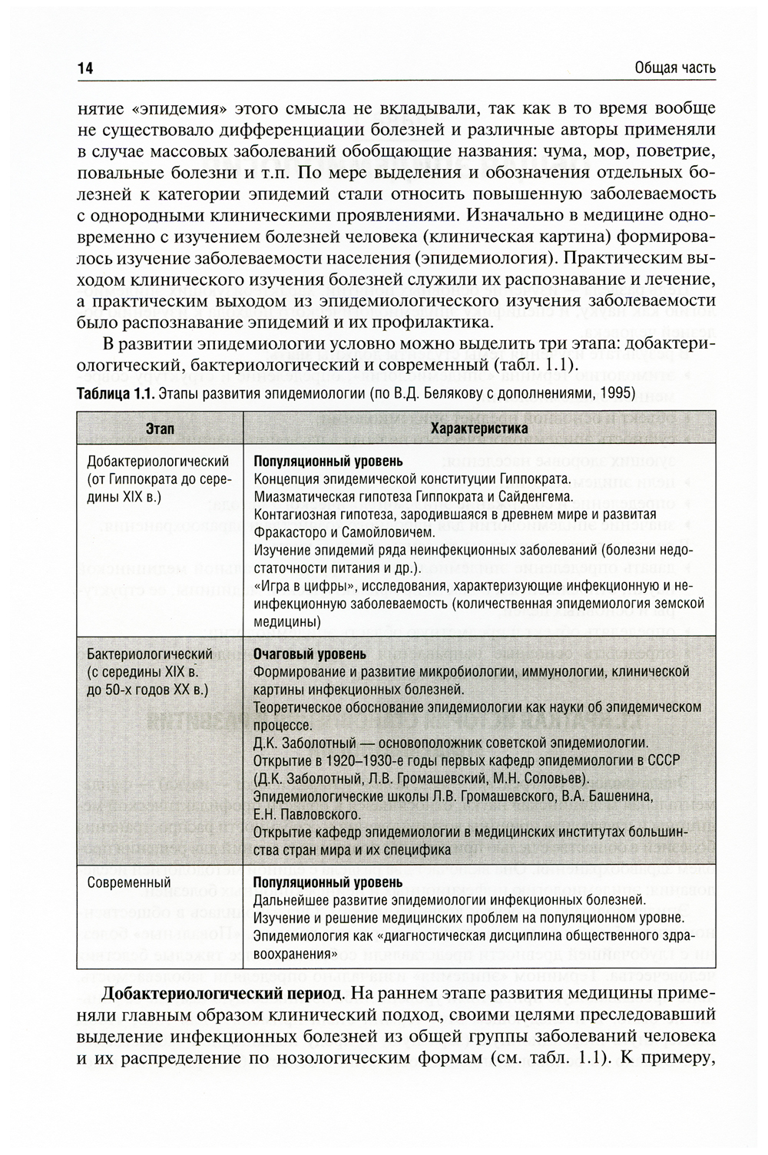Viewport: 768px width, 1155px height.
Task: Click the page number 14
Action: point(84,68)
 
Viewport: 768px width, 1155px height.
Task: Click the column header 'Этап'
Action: point(159,429)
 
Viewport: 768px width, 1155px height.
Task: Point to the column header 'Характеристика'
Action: point(479,429)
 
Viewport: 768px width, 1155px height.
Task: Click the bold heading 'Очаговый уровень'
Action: point(310,654)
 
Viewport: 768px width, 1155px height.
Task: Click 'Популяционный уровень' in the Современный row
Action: point(328,882)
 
